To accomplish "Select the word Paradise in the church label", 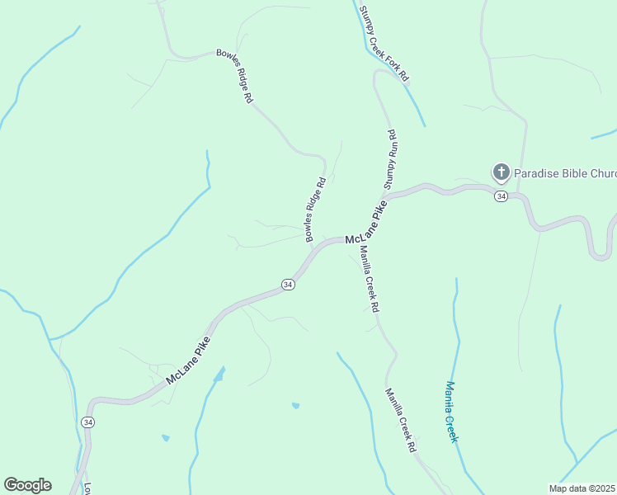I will point(538,173).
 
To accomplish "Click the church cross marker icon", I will point(501,172).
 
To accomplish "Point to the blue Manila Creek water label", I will point(450,412).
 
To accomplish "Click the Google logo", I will point(27,485).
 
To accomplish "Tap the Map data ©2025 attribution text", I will point(582,488).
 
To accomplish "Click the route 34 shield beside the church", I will point(501,196).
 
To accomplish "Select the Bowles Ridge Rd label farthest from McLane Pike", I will point(235,75).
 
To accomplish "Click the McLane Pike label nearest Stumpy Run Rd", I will point(367,224).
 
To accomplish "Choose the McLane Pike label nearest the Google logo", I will point(188,361).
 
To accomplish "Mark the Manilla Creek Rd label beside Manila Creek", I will point(400,421).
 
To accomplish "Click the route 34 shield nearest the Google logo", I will point(88,422).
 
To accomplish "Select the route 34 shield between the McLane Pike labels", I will point(287,284).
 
